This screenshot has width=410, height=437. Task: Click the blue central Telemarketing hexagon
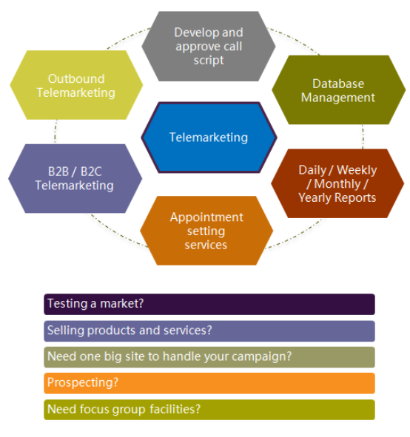pyautogui.click(x=209, y=138)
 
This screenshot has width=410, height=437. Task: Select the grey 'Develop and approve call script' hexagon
pyautogui.click(x=209, y=47)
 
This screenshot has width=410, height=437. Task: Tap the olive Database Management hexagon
pyautogui.click(x=339, y=89)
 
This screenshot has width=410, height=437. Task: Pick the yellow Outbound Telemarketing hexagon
pyautogui.click(x=76, y=85)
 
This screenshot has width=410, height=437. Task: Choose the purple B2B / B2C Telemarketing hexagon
pyautogui.click(x=75, y=179)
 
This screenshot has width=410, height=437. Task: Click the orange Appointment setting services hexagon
pyautogui.click(x=206, y=231)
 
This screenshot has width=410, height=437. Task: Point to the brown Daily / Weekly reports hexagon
pyautogui.click(x=337, y=183)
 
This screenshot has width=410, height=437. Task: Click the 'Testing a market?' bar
pyautogui.click(x=209, y=305)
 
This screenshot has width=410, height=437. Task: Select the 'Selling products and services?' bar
pyautogui.click(x=209, y=331)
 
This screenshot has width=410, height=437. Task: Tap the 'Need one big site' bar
pyautogui.click(x=209, y=357)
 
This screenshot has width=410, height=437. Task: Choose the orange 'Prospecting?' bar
pyautogui.click(x=209, y=383)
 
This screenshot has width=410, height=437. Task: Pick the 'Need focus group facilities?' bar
pyautogui.click(x=209, y=410)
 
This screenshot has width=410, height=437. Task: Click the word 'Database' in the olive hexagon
pyautogui.click(x=338, y=84)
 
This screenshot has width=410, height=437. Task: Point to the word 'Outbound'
pyautogui.click(x=76, y=78)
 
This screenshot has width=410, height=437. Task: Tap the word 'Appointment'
pyautogui.click(x=206, y=218)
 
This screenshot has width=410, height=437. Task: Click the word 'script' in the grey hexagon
pyautogui.click(x=209, y=61)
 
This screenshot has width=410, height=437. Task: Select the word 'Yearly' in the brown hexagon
pyautogui.click(x=315, y=198)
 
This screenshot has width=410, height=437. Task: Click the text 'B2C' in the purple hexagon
pyautogui.click(x=91, y=172)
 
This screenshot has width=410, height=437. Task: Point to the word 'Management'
pyautogui.click(x=338, y=98)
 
